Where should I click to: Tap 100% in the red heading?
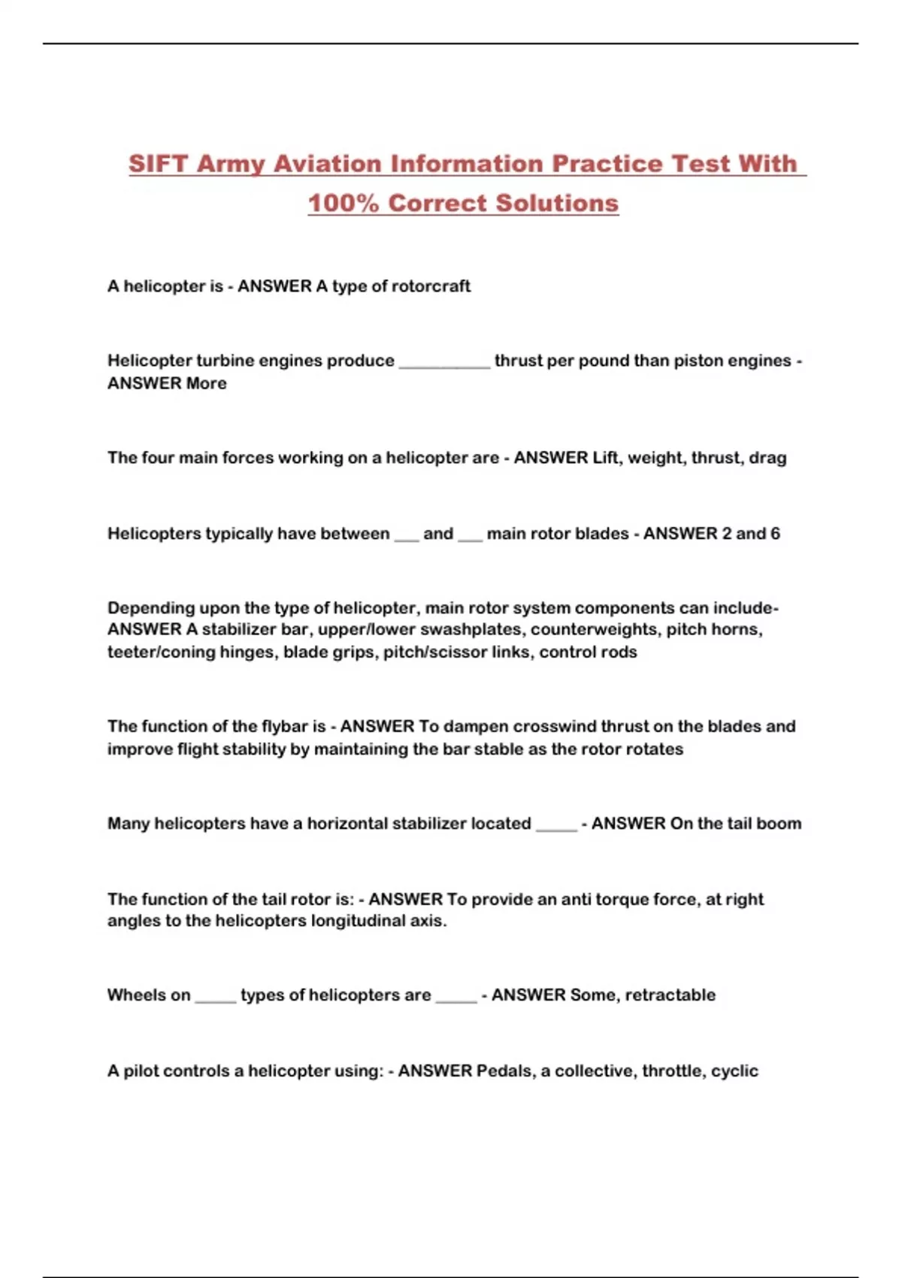click(x=343, y=203)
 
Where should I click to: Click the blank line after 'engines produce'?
click(x=444, y=362)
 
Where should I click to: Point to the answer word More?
click(x=207, y=383)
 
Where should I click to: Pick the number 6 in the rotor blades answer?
click(x=775, y=534)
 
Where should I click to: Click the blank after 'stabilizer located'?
click(x=556, y=825)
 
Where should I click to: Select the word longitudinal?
click(x=353, y=921)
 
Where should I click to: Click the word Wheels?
click(x=138, y=995)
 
